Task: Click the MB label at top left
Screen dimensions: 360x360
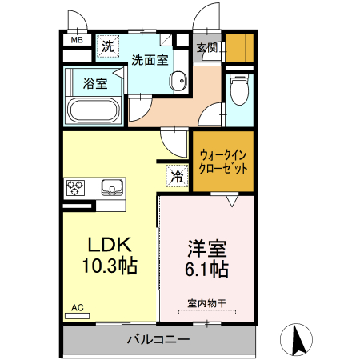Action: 78,39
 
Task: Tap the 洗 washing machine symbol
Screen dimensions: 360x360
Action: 108,47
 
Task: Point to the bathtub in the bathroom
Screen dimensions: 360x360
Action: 94,110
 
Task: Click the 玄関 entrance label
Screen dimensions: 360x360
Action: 207,47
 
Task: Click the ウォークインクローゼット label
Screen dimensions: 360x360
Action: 223,162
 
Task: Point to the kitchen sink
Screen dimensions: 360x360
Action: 113,189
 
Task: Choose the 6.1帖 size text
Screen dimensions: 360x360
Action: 207,270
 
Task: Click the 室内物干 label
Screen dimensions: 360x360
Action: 207,302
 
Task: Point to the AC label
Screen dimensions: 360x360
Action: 78,307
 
